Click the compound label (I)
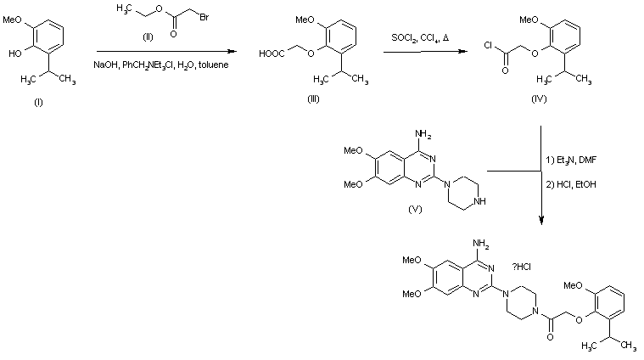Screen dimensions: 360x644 pos(37,102)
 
